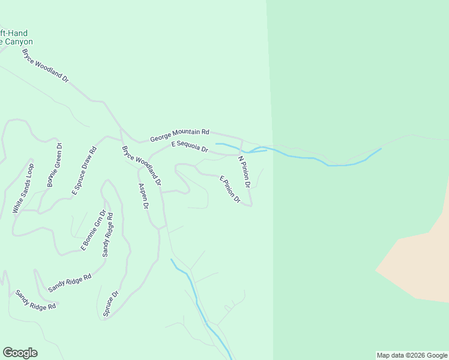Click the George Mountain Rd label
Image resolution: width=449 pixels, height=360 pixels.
pos(179,135)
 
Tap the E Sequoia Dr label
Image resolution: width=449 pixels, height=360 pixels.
pos(189,146)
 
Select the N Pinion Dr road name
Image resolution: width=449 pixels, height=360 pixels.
pos(244,172)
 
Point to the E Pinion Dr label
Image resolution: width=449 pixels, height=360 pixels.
pos(231,189)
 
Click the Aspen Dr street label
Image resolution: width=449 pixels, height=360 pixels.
pos(143,196)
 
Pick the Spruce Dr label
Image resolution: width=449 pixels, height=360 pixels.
pos(110,304)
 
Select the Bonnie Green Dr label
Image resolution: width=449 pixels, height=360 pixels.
pos(55,164)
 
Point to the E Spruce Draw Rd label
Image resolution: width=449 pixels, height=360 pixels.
pos(84,172)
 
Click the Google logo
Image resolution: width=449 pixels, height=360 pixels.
pos(20,353)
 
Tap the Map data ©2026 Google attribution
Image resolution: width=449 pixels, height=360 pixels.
pos(412,355)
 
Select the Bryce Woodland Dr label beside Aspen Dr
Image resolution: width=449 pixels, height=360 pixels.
pos(142,164)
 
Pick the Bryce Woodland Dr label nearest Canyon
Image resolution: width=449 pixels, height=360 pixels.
pos(45,66)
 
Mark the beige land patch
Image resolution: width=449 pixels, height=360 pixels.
pos(420,258)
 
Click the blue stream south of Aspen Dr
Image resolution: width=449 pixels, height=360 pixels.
pos(198,300)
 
